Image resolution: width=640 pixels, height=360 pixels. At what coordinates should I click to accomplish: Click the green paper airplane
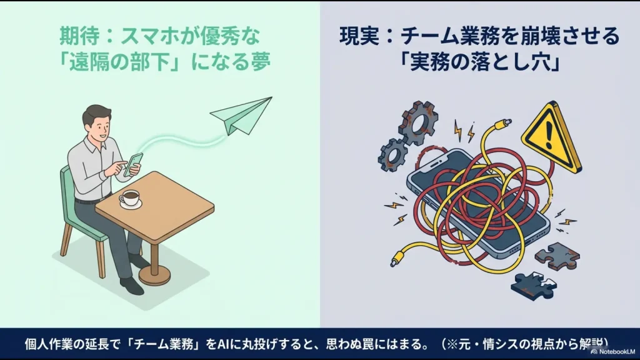[241, 116]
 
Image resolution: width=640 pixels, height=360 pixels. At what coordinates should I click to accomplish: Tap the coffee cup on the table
[131, 198]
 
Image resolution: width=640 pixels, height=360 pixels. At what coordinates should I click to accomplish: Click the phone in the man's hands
[133, 164]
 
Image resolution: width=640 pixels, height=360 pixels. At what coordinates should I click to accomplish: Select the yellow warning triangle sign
[551, 139]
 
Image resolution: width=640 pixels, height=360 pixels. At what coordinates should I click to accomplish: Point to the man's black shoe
[132, 286]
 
